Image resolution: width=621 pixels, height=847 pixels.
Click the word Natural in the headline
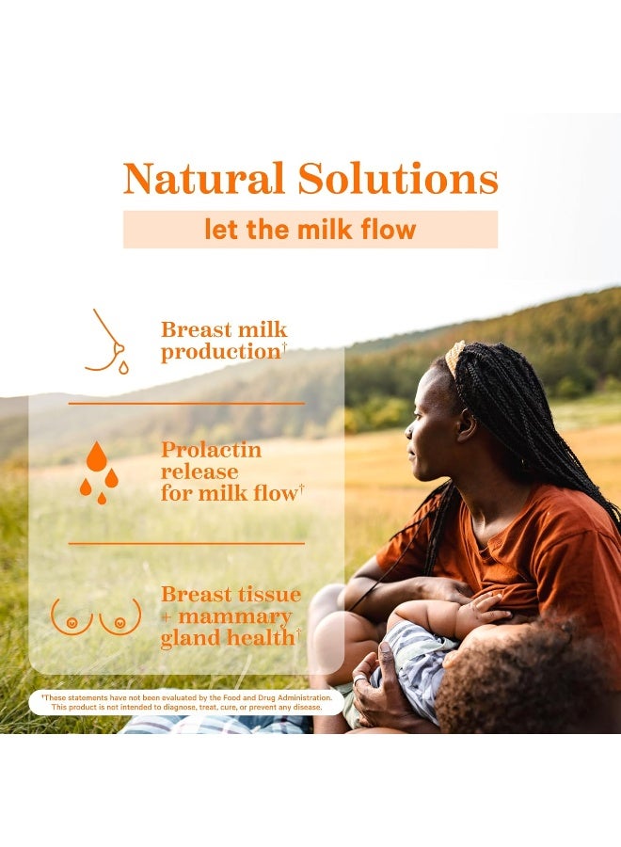(203, 178)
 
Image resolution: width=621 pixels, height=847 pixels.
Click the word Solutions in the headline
(398, 178)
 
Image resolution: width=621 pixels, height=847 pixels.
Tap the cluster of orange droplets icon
(99, 472)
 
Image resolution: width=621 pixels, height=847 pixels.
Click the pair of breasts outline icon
(96, 616)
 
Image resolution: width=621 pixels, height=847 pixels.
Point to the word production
(221, 352)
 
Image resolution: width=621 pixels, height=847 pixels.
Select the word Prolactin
(211, 450)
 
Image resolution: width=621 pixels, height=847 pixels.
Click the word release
(199, 471)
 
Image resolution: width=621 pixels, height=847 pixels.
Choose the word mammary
(235, 616)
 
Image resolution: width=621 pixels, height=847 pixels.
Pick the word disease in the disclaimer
(308, 707)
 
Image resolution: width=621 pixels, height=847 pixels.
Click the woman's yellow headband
(454, 357)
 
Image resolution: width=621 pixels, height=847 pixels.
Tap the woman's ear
(467, 424)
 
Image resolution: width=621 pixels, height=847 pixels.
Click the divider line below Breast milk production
(186, 403)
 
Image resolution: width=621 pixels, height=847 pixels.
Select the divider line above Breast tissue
(186, 543)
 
